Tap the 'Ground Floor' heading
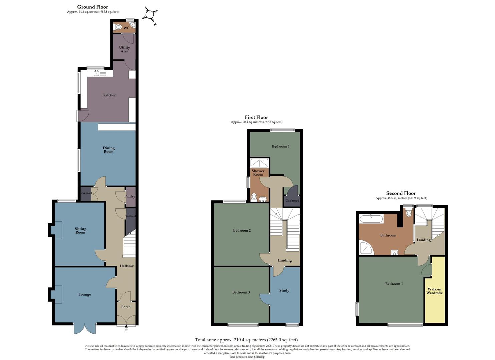point(92,7)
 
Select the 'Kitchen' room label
point(110,95)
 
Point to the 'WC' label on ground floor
point(126,28)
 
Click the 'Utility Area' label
point(124,49)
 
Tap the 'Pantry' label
point(130,197)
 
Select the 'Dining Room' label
point(108,150)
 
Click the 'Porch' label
point(126,307)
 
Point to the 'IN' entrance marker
point(126,330)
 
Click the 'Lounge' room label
point(85,295)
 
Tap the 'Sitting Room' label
point(80,231)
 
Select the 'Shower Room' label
point(258,173)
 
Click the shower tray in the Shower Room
point(259,163)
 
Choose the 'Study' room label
point(284,291)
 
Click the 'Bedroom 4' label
point(280,147)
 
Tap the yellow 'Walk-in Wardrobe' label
point(434,291)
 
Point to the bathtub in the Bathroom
point(371,219)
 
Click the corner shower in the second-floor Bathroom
point(366,248)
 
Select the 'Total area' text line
point(246,340)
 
